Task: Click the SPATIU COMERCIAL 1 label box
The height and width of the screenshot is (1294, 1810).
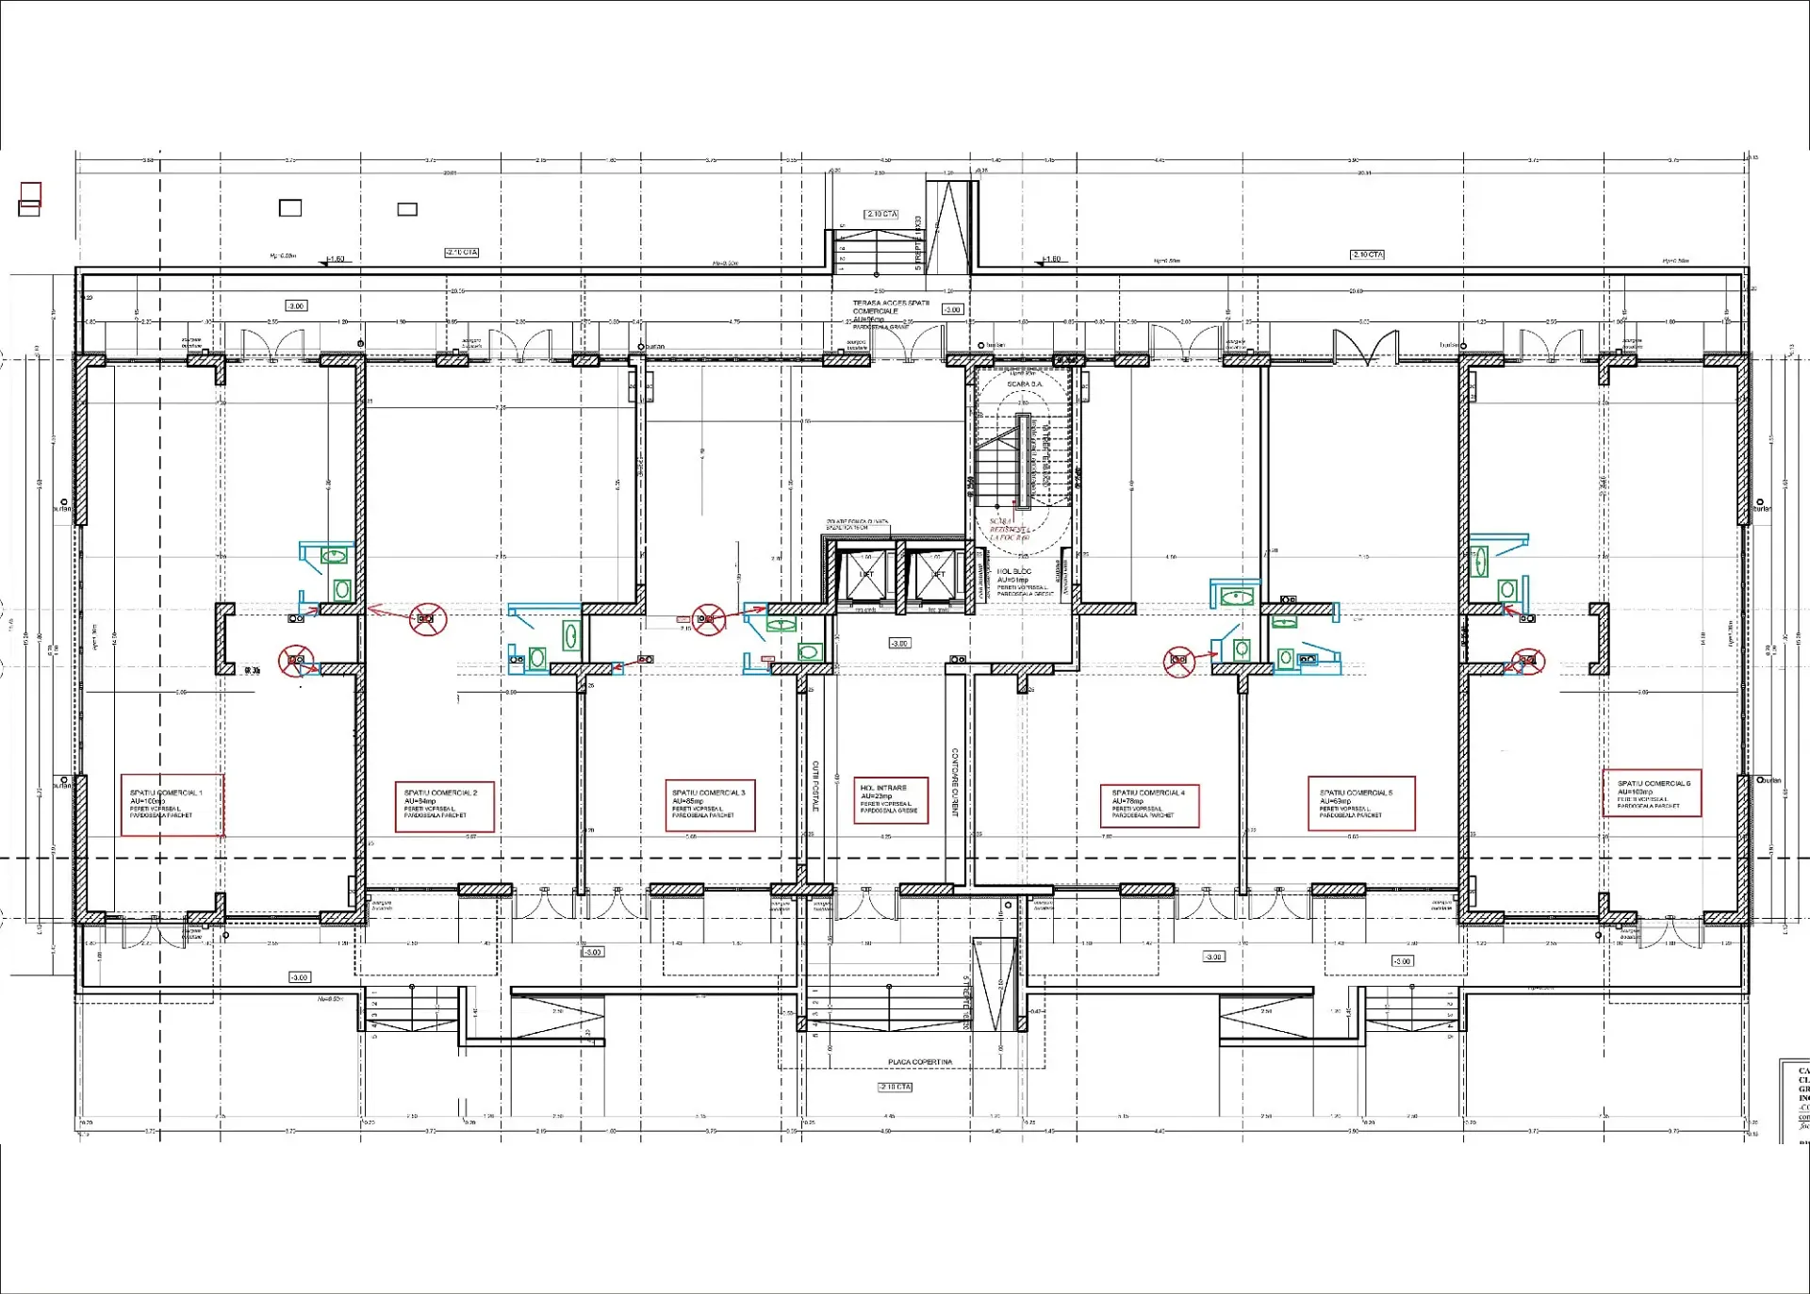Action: click(x=172, y=805)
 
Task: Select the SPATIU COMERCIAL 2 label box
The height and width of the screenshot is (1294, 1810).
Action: click(x=444, y=806)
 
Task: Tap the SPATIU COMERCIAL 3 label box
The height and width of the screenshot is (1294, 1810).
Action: click(x=710, y=805)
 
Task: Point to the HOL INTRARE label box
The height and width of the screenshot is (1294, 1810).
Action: click(x=890, y=800)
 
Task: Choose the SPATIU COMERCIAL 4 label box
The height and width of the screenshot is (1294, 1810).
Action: click(x=1149, y=806)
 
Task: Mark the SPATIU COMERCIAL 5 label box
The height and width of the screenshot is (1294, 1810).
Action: click(x=1361, y=804)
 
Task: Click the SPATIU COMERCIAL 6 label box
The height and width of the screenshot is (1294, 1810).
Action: click(x=1652, y=794)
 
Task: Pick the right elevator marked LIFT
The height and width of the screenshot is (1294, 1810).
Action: click(x=935, y=575)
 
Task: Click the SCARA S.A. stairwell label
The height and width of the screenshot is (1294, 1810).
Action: click(x=1024, y=385)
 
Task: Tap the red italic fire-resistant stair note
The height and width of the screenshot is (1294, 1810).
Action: click(x=1009, y=529)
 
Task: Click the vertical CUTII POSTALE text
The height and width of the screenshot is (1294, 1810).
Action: click(x=815, y=785)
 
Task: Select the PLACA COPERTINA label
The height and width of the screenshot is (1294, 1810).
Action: click(x=919, y=1062)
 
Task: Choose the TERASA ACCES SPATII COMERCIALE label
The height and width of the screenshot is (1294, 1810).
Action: click(x=890, y=308)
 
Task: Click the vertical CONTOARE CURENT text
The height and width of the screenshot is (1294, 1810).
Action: click(x=955, y=782)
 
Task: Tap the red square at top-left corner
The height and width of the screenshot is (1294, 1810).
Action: click(x=30, y=193)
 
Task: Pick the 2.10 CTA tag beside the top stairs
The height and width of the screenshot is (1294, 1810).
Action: click(x=881, y=215)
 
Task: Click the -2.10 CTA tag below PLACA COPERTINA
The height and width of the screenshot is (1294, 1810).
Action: click(x=895, y=1087)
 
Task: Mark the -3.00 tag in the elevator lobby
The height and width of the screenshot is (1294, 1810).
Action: click(x=899, y=644)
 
